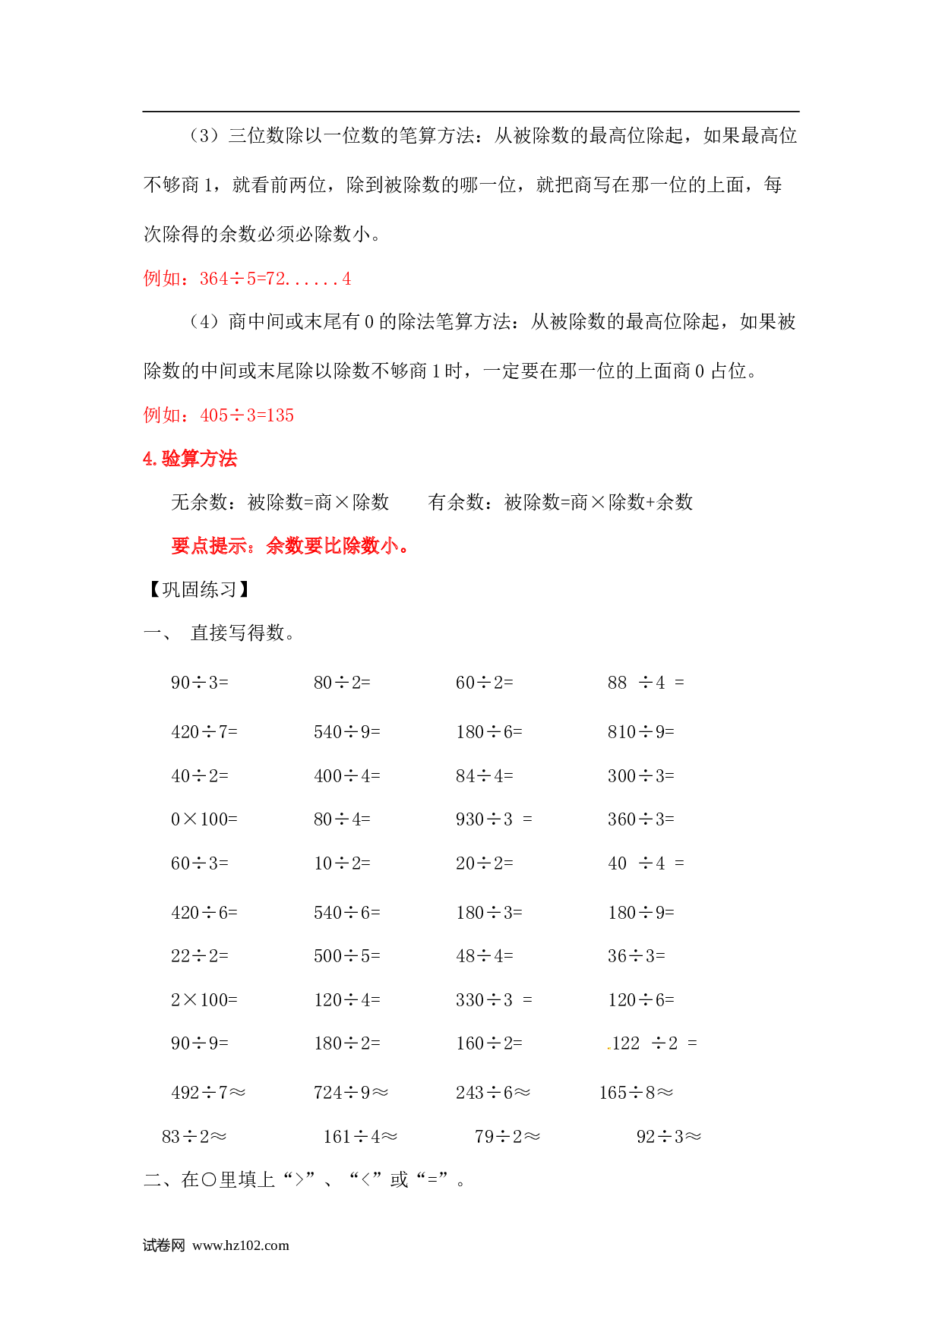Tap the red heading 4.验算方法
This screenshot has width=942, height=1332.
click(190, 459)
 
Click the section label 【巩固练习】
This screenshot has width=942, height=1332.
click(199, 589)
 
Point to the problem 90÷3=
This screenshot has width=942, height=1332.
click(200, 683)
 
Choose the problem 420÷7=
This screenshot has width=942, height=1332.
click(204, 732)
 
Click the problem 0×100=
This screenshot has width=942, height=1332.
click(204, 819)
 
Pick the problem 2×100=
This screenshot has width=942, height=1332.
click(204, 1000)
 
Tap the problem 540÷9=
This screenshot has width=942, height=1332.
click(347, 732)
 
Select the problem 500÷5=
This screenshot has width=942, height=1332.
click(347, 956)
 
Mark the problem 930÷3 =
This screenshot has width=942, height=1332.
click(495, 819)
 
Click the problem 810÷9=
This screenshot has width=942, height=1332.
click(641, 732)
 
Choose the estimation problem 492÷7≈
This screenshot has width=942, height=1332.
click(209, 1093)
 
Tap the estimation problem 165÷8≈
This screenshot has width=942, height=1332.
click(637, 1093)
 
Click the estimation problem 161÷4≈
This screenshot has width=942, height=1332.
click(361, 1137)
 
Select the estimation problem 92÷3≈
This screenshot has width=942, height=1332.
click(669, 1137)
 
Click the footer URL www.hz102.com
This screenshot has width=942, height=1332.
click(241, 1245)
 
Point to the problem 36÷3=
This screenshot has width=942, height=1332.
click(637, 956)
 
